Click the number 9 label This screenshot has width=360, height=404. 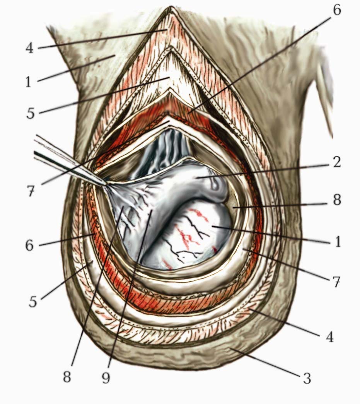106,377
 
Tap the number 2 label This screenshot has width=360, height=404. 337,162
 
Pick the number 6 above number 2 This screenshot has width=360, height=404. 337,10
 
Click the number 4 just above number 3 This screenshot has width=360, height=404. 329,337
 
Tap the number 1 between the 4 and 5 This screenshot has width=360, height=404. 28,82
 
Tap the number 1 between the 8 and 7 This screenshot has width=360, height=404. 338,242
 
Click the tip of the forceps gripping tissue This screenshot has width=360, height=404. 105,183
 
